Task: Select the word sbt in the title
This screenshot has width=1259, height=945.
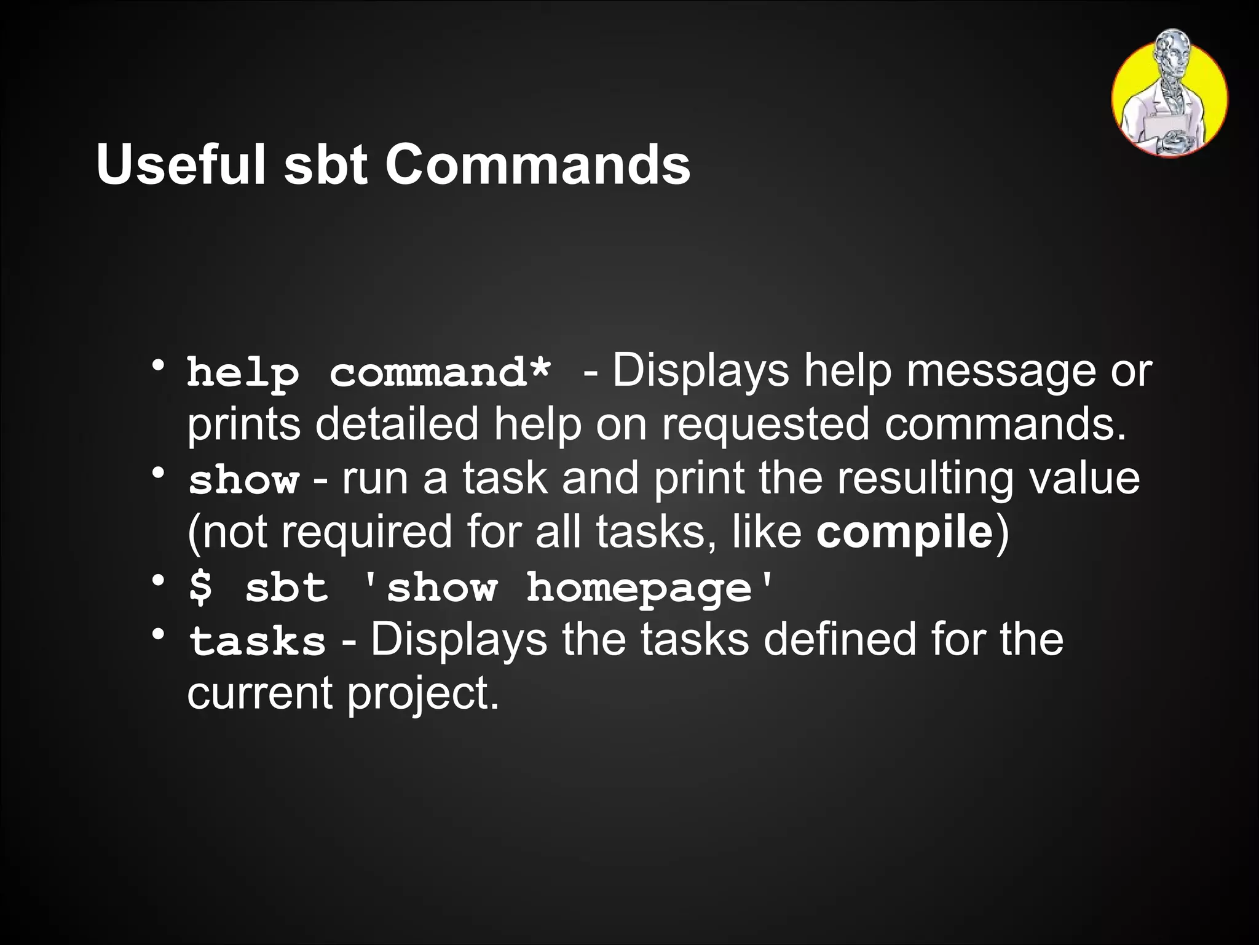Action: coord(325,164)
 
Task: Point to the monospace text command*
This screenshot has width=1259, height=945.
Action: coord(440,373)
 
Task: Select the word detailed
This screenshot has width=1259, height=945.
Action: coord(397,425)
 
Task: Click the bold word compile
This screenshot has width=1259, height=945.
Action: coord(904,533)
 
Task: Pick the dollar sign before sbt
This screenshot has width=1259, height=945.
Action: coord(201,588)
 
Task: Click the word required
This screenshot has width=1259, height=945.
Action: coord(366,533)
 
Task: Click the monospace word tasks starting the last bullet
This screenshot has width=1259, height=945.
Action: coord(257,641)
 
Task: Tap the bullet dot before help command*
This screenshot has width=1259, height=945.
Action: coord(159,366)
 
